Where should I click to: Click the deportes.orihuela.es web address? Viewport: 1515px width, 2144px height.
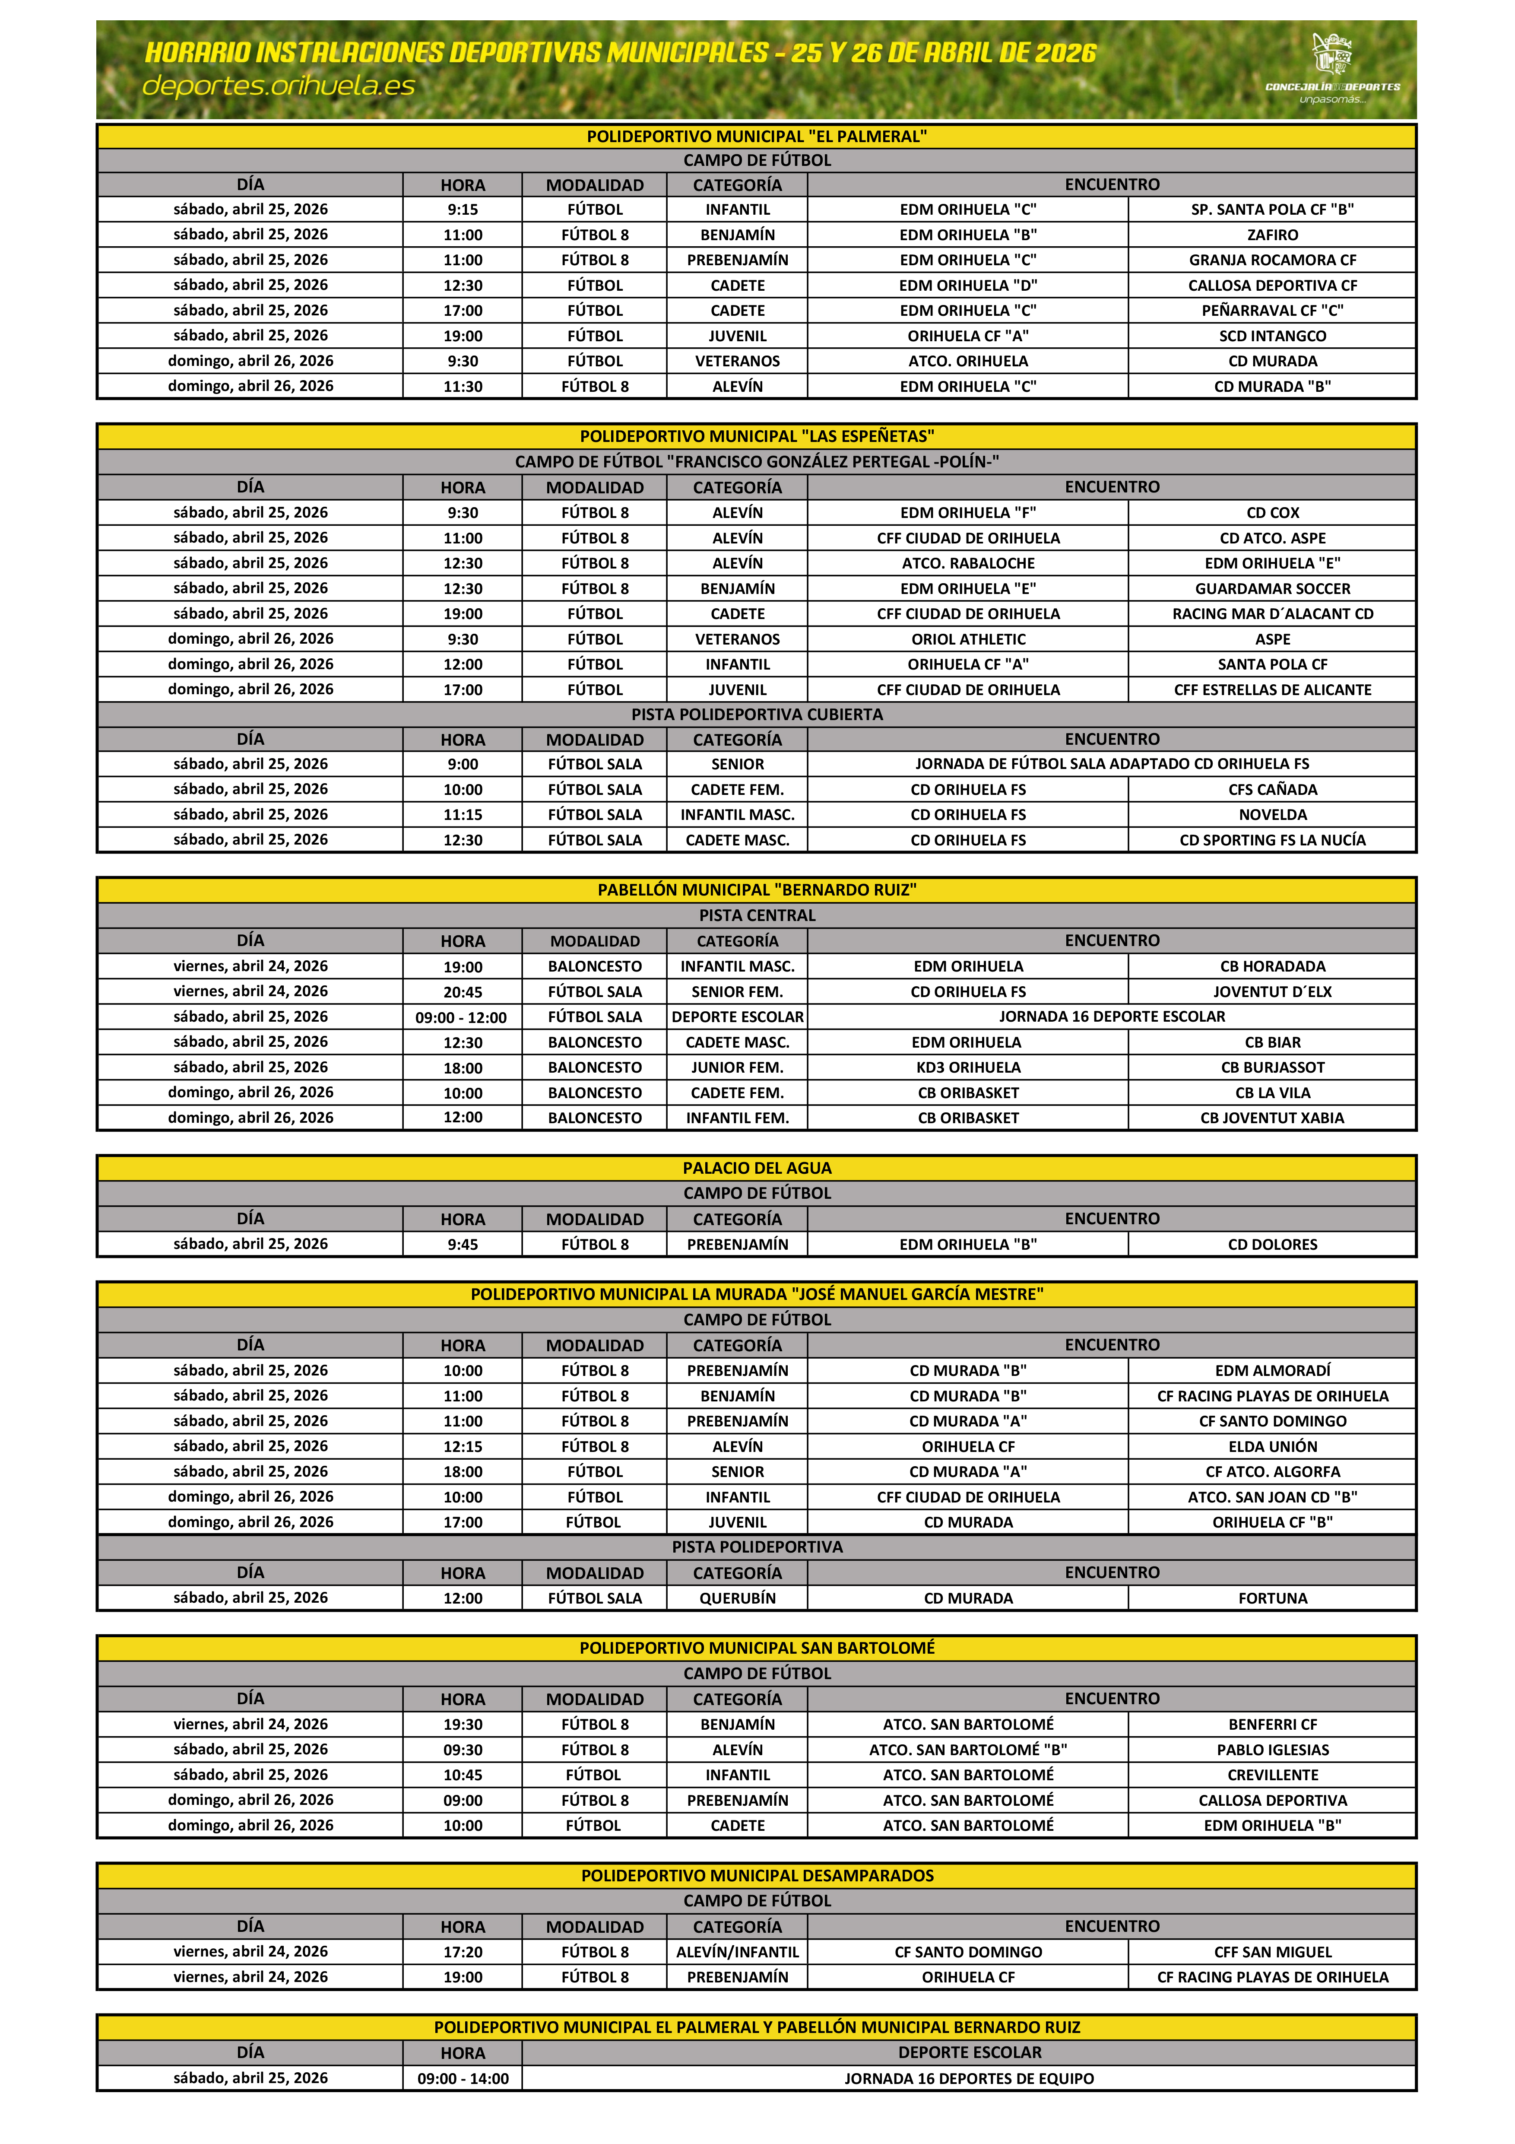pos(278,86)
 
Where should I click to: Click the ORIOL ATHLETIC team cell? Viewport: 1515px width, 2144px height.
pos(968,639)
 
